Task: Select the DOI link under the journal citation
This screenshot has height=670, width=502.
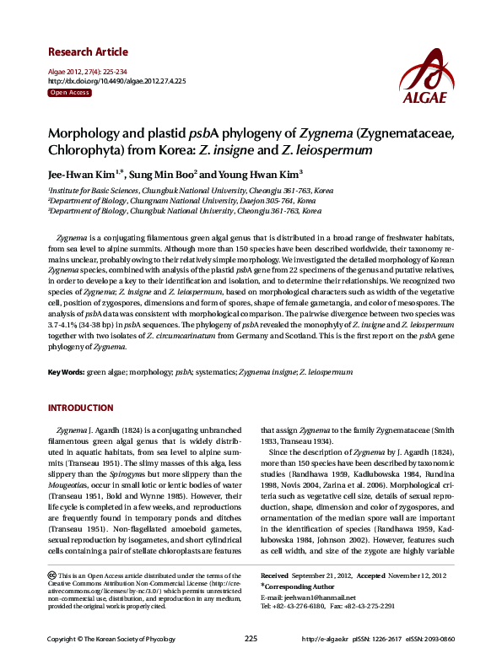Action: (116, 81)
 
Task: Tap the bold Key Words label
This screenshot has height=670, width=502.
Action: (65, 372)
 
